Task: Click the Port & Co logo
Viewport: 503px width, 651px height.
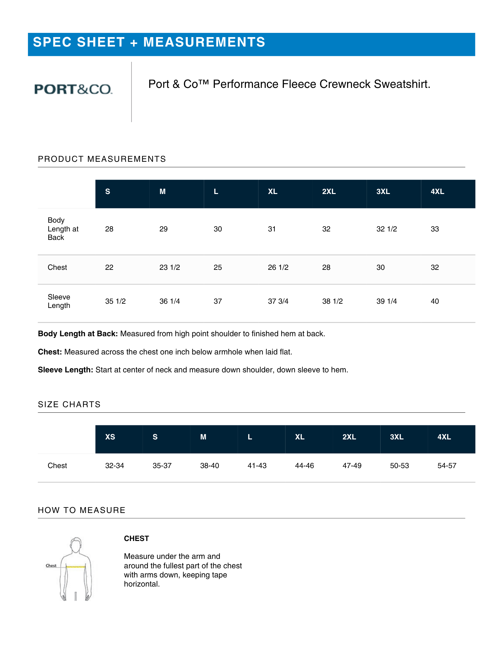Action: (73, 89)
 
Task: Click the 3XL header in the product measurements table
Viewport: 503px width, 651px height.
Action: (383, 192)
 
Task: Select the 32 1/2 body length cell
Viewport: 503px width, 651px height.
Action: (386, 229)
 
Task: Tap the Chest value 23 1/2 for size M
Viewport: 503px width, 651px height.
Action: (169, 268)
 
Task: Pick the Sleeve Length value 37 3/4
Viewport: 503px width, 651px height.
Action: (278, 301)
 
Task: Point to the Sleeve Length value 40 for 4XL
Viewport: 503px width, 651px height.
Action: (435, 301)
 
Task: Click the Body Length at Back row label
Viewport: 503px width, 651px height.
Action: (63, 229)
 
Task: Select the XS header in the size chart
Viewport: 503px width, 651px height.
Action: (110, 437)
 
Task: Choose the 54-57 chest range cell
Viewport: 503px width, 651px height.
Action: (447, 466)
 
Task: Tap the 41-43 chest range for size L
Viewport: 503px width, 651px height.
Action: (257, 466)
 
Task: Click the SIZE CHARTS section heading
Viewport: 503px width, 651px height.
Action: (69, 405)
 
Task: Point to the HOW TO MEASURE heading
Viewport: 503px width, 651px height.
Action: (81, 510)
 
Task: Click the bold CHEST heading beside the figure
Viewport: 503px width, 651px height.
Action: (136, 539)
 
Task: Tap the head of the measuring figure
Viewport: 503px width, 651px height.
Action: (76, 545)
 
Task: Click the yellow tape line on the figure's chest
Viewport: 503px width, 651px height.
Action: (76, 567)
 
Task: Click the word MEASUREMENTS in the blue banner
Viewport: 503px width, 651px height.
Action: (204, 42)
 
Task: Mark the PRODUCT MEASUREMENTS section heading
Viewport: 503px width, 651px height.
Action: (102, 159)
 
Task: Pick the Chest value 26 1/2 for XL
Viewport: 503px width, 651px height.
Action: (278, 268)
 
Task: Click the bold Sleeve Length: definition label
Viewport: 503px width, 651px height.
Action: (65, 370)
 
